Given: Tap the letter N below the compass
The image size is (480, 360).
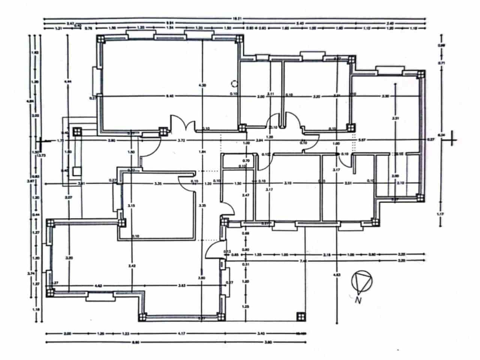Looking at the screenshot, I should coord(358,300).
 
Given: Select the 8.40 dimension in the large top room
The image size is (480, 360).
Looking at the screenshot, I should coord(169,96).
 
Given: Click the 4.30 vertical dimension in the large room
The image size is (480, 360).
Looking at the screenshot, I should coord(202,85).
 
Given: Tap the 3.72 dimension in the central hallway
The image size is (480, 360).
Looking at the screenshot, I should coord(181,141).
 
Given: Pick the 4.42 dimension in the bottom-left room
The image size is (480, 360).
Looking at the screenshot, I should coord(99,286).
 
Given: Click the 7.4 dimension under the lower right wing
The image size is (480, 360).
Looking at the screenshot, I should coord(303,261).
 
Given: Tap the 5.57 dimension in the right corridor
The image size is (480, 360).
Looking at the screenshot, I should coord(362,140).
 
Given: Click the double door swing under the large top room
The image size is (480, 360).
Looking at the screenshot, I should coord(183,123).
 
